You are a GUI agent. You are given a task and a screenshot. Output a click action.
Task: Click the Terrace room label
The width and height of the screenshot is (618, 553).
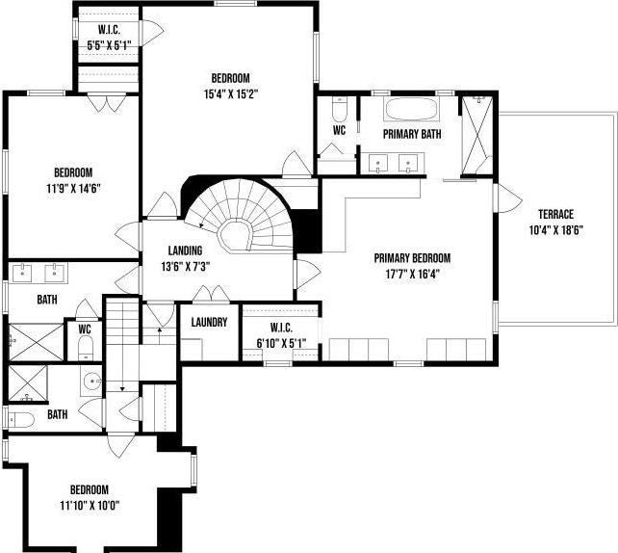556,214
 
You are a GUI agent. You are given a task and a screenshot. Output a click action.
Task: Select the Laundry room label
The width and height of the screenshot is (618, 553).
208,322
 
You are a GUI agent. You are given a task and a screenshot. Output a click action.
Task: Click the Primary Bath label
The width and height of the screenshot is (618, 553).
412,134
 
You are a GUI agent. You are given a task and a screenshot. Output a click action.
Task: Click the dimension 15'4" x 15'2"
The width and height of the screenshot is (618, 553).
231,93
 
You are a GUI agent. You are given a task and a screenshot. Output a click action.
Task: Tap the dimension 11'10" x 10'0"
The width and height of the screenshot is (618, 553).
89,504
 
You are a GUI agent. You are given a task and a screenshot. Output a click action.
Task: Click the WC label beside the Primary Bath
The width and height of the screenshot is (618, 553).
339,129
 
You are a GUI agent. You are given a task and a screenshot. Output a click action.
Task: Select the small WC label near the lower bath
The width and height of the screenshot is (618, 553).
85,327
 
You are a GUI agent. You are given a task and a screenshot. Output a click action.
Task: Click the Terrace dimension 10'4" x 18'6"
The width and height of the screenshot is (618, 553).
556,229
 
